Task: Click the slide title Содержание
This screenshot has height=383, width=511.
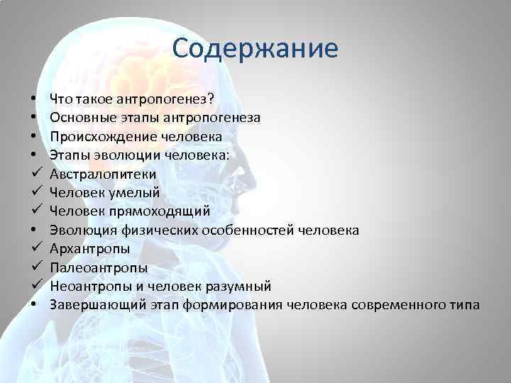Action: point(255,49)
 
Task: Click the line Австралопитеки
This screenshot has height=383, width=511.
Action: point(103,174)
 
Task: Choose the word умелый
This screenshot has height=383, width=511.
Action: point(141,192)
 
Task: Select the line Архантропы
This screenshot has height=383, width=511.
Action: point(89,249)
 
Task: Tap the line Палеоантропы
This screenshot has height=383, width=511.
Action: point(99,267)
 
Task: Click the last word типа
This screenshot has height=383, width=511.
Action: point(466,305)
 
